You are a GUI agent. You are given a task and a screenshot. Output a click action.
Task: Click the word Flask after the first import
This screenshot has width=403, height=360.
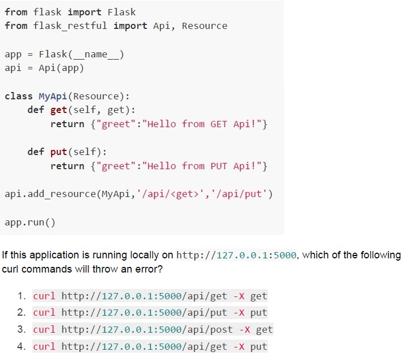[x=121, y=12]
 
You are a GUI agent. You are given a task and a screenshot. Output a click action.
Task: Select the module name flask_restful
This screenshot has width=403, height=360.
[x=70, y=26]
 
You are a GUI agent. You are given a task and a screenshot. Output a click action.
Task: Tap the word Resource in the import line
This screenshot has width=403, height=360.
[x=204, y=26]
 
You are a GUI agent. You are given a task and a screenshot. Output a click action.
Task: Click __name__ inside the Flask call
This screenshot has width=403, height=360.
[x=96, y=55]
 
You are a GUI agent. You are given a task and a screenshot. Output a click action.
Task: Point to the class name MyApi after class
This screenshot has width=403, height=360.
[x=53, y=96]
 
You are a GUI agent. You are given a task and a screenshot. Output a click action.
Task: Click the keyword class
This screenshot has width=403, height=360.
[x=19, y=96]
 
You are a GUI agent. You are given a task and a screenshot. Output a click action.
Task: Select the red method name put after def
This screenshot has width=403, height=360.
[x=58, y=152]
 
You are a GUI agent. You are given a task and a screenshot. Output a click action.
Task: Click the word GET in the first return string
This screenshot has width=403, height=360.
[x=219, y=124]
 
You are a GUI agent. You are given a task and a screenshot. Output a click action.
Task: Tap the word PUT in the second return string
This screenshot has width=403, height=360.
[x=219, y=166]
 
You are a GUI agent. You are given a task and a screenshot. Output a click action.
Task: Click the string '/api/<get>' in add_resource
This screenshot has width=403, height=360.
[x=170, y=194]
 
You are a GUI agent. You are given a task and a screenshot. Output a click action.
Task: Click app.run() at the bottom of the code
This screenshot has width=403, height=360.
[x=30, y=222]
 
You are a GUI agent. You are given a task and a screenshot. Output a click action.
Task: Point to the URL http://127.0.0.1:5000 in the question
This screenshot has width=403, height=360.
[x=236, y=255]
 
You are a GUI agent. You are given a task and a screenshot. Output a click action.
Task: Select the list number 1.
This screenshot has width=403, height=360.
[x=22, y=296]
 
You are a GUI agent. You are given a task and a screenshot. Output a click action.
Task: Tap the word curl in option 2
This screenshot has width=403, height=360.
[x=44, y=313]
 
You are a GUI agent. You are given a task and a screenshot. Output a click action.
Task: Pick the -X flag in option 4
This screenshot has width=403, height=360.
[x=239, y=346]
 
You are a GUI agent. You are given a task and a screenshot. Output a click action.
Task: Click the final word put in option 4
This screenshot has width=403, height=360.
[x=259, y=347]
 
